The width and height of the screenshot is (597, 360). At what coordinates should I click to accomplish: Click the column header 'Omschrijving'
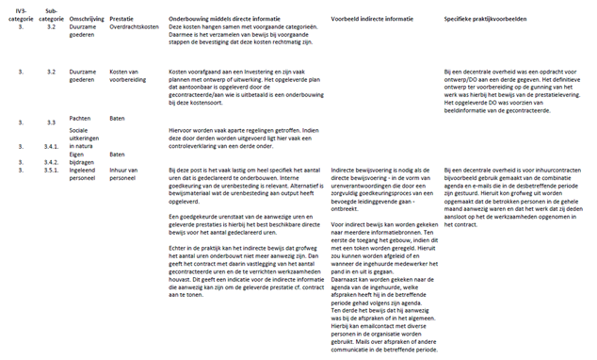(x=89, y=18)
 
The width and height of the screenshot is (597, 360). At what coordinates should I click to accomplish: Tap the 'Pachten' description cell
(x=82, y=118)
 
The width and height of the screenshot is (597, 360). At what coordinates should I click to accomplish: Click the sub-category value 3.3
(x=52, y=123)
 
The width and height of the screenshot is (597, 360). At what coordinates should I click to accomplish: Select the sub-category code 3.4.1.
(x=53, y=147)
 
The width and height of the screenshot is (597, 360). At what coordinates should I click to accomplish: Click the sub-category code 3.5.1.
(x=53, y=171)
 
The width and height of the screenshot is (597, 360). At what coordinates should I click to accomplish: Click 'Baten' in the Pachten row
(x=118, y=118)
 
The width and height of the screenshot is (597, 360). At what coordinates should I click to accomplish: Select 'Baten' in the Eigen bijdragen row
(x=118, y=154)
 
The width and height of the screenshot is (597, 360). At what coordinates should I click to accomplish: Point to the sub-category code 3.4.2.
(x=53, y=162)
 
